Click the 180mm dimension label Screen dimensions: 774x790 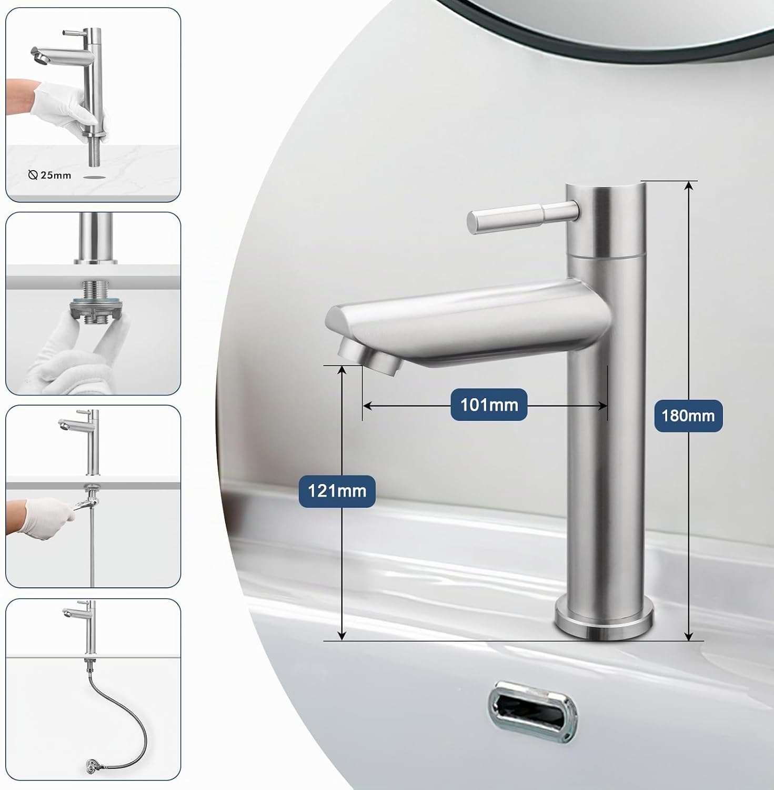pyautogui.click(x=688, y=416)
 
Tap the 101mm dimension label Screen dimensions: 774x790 pyautogui.click(x=489, y=404)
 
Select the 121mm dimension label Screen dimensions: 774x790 pyautogui.click(x=337, y=491)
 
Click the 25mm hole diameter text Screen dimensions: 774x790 pyautogui.click(x=55, y=175)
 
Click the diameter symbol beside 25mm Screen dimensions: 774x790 pyautogui.click(x=33, y=175)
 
